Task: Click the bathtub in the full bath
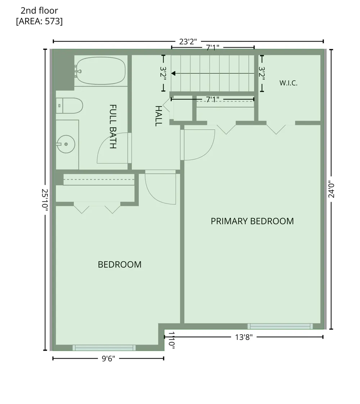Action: [101, 71]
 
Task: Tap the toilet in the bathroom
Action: [69, 106]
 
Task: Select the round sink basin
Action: [66, 144]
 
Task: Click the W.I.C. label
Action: [288, 83]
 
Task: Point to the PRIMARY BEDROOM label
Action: [252, 221]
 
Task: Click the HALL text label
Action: [159, 116]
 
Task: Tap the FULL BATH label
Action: [113, 126]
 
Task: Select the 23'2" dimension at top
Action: [188, 41]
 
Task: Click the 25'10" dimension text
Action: [45, 200]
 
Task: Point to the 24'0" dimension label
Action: [331, 190]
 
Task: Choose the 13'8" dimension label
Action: [244, 337]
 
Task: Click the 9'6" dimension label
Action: [108, 359]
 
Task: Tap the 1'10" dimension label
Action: [172, 340]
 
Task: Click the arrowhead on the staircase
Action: [173, 73]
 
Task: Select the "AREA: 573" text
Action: [39, 21]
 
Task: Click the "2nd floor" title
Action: [39, 10]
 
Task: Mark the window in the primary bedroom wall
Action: [280, 326]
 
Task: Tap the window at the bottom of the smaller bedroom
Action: [104, 348]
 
